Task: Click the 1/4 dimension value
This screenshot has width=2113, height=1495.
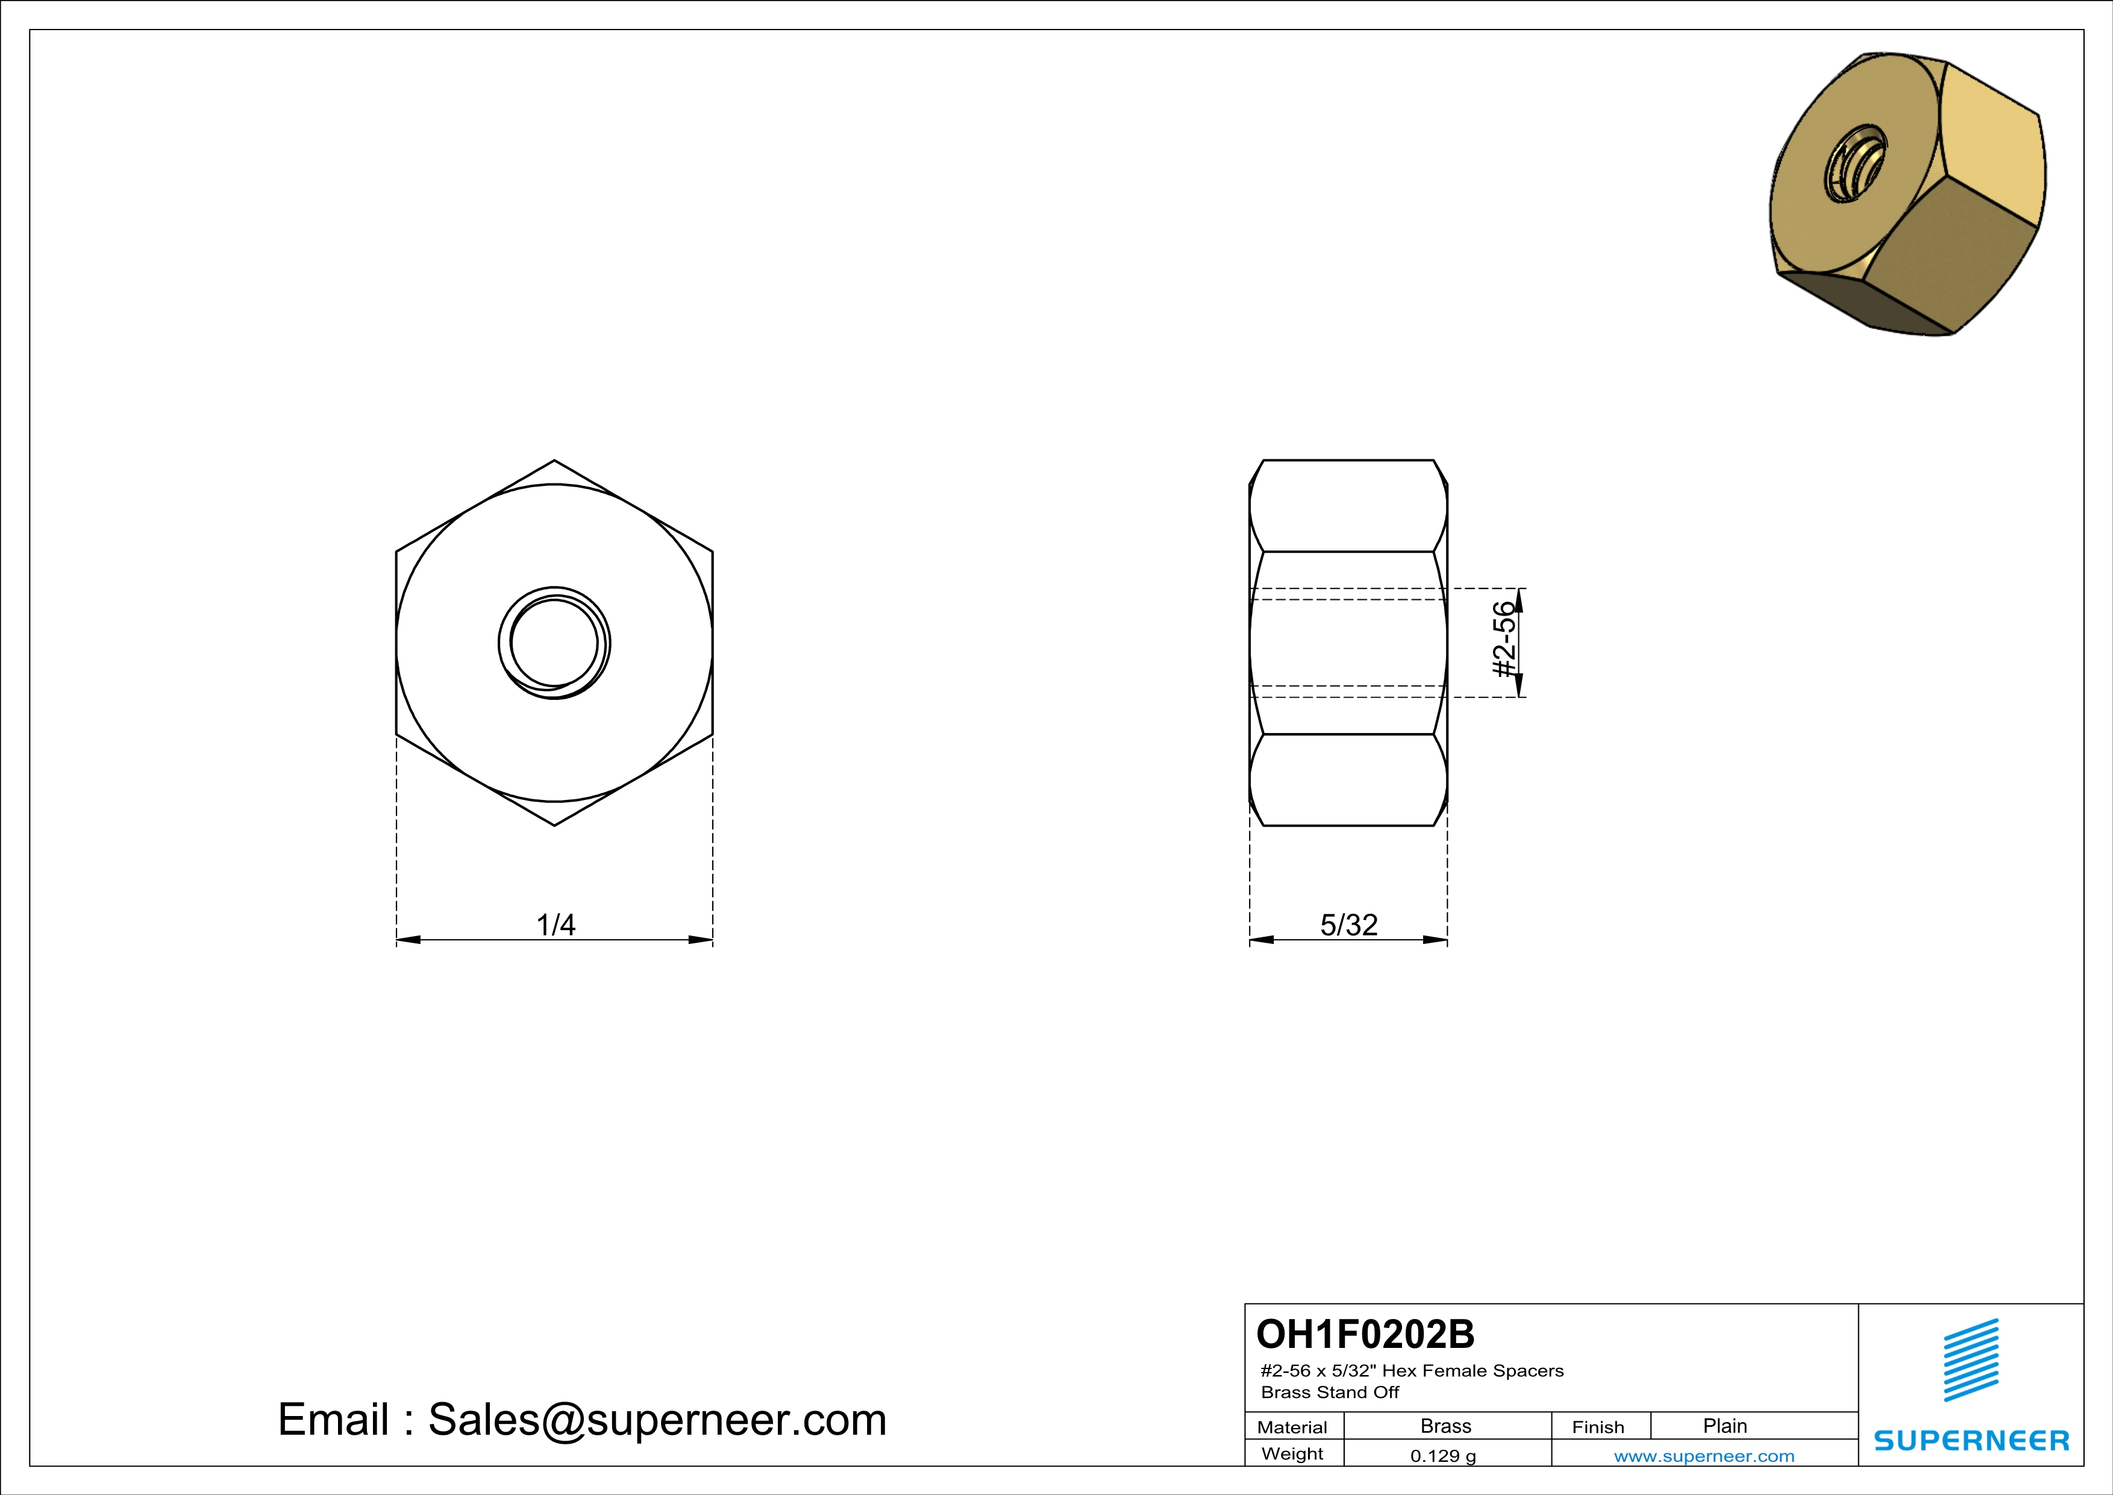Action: (x=556, y=924)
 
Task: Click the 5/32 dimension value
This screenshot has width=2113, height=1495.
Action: (x=1348, y=924)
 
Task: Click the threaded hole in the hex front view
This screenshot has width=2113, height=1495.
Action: (x=554, y=643)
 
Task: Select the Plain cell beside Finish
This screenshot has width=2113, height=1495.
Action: (x=1724, y=1426)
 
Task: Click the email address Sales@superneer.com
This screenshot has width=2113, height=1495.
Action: (x=657, y=1420)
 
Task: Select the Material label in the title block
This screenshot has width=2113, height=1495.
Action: (x=1292, y=1427)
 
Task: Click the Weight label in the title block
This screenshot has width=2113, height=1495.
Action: (x=1292, y=1453)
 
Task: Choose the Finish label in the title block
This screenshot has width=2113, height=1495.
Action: (x=1598, y=1427)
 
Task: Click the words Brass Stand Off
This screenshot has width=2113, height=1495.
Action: (x=1329, y=1393)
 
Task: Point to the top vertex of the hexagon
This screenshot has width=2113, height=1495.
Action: (x=554, y=461)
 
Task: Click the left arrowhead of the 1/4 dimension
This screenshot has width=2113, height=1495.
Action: (x=408, y=940)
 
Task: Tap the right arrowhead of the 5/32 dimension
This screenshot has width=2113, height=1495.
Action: (x=1436, y=940)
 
